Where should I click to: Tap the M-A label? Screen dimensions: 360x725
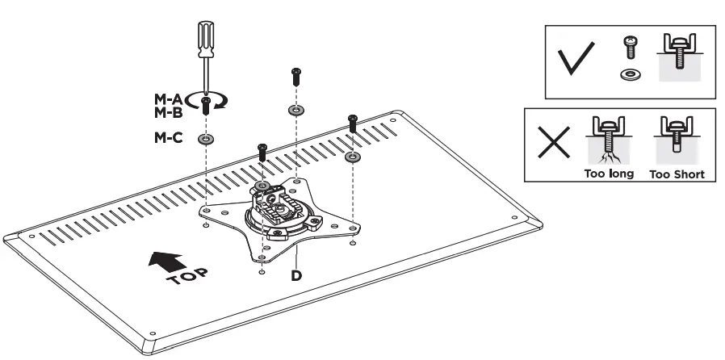coord(169,98)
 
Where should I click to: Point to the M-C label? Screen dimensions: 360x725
coord(169,138)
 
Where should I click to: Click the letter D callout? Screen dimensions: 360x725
coord(295,274)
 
